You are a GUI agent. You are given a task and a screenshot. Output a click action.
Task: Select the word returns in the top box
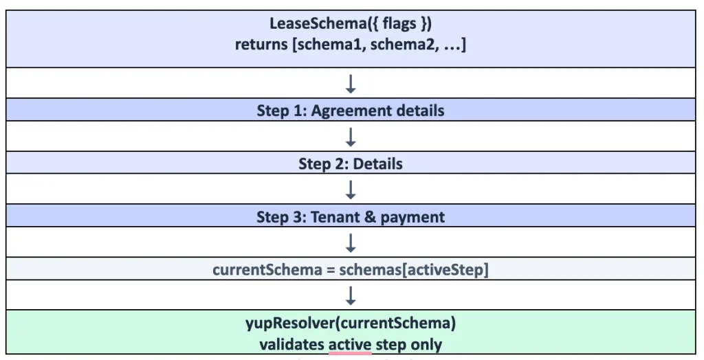262,45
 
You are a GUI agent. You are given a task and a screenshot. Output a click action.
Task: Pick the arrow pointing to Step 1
351,84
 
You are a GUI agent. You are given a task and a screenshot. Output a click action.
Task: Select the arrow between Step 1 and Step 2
351,137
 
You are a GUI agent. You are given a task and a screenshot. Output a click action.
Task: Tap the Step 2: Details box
351,163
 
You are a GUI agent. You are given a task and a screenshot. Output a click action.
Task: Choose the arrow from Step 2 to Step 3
351,190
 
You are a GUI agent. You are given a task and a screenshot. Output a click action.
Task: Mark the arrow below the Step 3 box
351,243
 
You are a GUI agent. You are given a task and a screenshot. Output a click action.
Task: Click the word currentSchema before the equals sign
267,270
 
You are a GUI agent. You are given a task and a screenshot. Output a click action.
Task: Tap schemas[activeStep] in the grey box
413,270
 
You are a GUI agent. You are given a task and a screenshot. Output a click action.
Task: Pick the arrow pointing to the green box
351,296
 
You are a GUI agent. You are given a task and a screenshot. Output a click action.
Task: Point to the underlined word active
350,345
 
